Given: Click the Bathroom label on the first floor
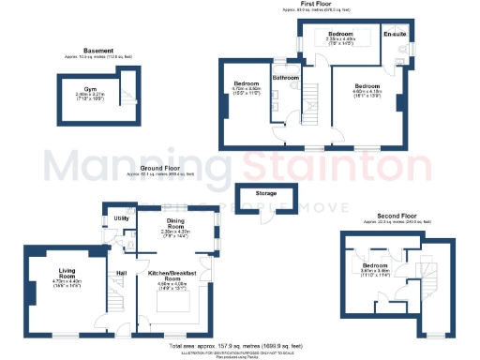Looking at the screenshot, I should pos(285,77).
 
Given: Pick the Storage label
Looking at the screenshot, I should pos(264,194).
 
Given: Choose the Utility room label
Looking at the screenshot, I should pos(121,217).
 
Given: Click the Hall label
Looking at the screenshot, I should pos(121,273).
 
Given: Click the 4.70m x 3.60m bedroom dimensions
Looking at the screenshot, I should pos(247,90).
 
